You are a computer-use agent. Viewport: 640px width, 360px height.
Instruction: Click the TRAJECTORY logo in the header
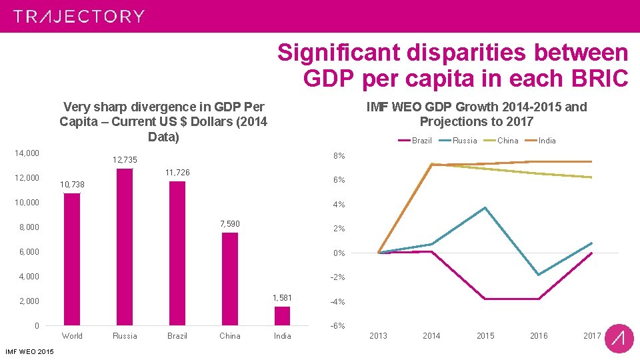79,16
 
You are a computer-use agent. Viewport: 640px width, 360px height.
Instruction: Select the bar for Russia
125,247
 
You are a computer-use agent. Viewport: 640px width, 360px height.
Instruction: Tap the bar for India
283,316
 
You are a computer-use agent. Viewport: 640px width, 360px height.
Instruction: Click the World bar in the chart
72,259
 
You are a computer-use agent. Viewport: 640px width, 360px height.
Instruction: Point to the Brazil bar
177,253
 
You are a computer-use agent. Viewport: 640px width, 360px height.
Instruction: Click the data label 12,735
125,160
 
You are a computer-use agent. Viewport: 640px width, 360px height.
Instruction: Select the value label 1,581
283,297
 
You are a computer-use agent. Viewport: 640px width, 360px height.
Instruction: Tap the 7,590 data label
230,224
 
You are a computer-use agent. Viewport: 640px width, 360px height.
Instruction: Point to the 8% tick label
339,156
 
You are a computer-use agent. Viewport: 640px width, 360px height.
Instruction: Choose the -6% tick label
338,326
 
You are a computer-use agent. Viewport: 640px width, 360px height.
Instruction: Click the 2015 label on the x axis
485,335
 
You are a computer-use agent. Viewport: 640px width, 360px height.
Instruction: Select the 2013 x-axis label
378,335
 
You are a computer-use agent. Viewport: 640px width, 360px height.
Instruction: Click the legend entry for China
507,141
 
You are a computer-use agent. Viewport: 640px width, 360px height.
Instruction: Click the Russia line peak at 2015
485,207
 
